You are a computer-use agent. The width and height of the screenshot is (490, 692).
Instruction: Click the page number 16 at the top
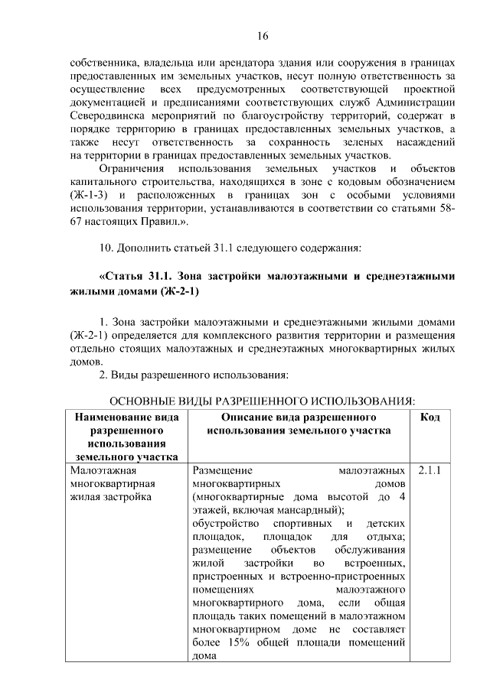pyautogui.click(x=262, y=36)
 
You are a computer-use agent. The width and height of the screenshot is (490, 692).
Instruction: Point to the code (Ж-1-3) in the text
pyautogui.click(x=90, y=195)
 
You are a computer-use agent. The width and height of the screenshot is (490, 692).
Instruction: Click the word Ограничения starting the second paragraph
pyautogui.click(x=133, y=168)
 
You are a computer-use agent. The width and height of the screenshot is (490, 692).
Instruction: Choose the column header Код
pyautogui.click(x=430, y=417)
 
